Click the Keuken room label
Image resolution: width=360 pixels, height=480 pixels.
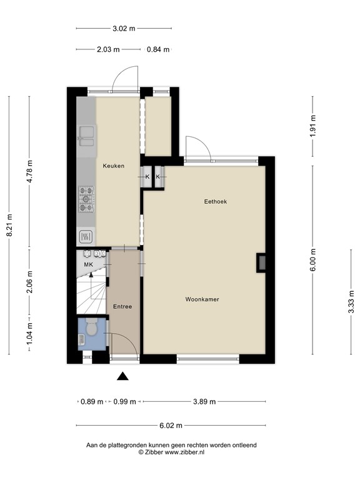coord(114,166)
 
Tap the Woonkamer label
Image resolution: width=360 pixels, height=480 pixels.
coord(202,300)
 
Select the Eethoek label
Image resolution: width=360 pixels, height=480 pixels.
coord(215,201)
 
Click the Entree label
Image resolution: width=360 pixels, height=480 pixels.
coord(122,306)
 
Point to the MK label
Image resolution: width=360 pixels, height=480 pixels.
coord(88,265)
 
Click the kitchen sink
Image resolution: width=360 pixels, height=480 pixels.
coord(86,136)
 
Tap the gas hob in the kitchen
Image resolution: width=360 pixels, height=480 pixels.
coord(86,199)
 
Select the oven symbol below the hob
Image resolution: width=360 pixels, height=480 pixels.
coord(86,236)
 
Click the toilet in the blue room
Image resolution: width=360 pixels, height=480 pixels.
coord(91,327)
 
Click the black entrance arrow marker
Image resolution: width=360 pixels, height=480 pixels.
coord(123,376)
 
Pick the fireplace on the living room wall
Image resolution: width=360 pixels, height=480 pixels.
coord(261,263)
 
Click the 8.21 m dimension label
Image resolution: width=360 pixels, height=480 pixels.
coord(9,226)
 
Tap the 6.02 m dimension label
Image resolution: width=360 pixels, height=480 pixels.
coord(171,426)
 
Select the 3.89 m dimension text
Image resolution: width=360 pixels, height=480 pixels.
coord(204,402)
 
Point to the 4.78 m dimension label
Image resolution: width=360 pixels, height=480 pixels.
coord(30,171)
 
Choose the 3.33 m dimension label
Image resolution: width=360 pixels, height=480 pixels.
coord(351,302)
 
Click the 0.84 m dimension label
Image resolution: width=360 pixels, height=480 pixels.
coord(157,50)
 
